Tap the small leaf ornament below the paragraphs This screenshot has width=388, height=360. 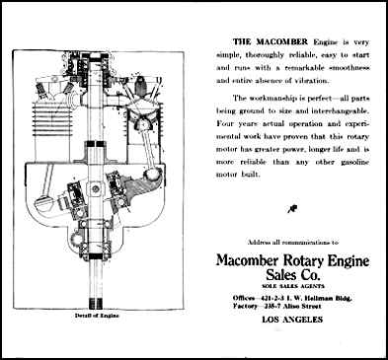click(292, 206)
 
